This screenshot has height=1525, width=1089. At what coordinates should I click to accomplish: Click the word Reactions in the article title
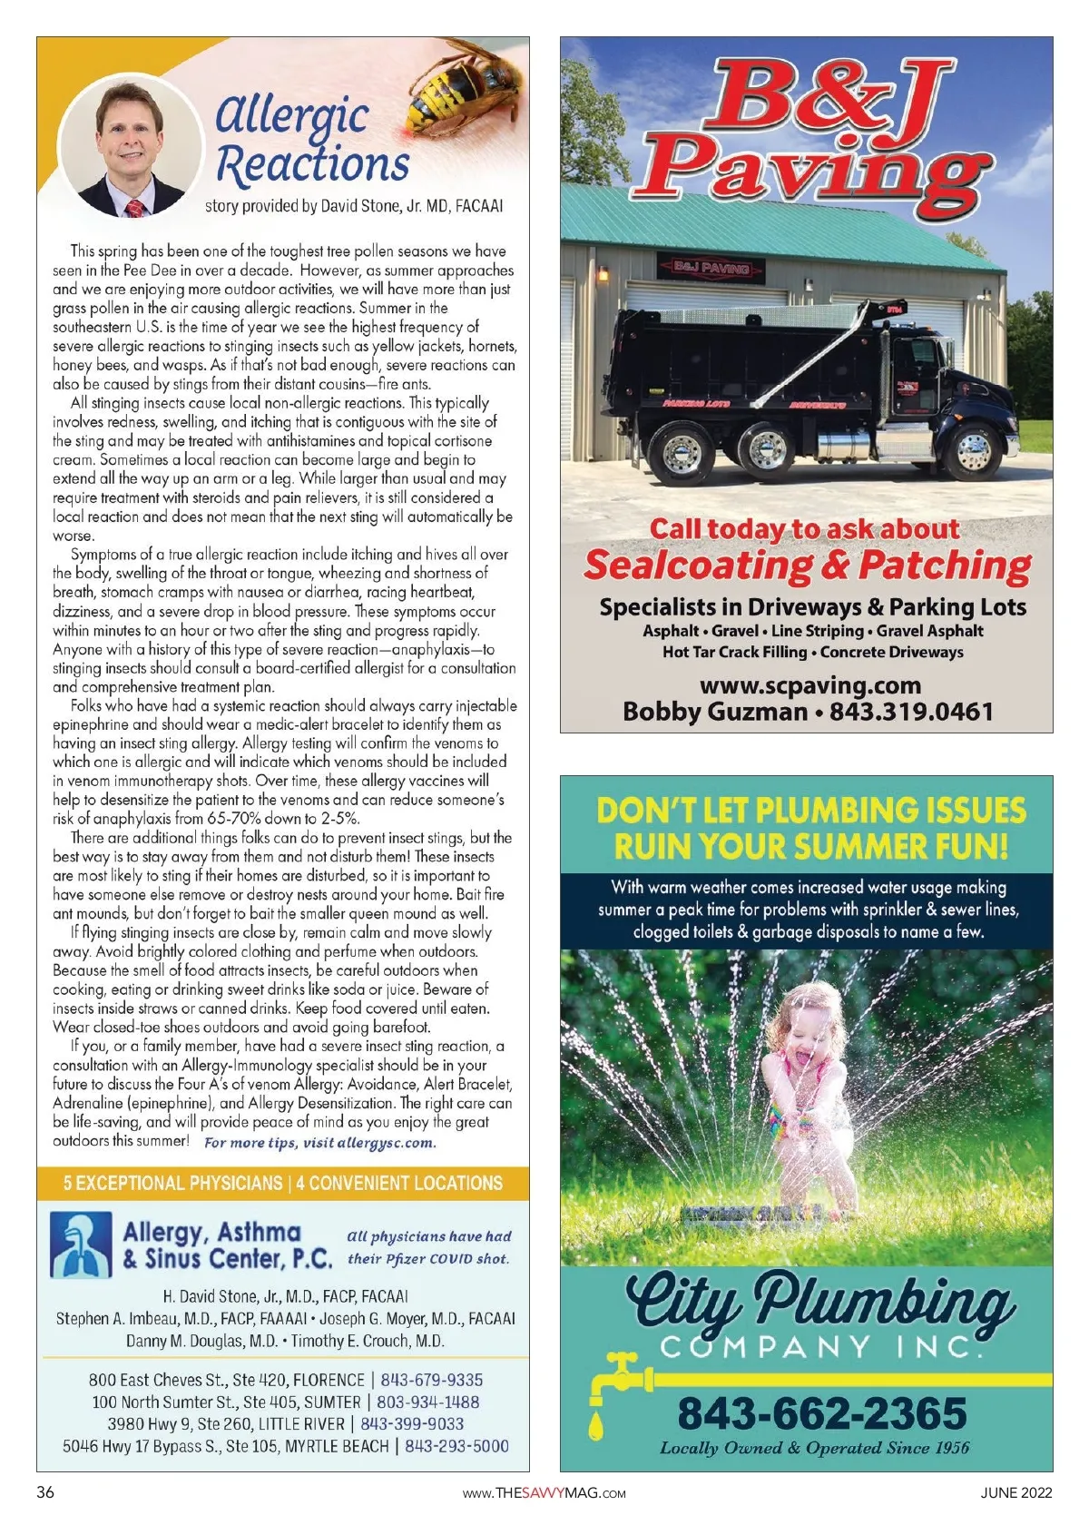[313, 164]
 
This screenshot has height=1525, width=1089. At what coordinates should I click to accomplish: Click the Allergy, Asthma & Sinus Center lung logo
[82, 1245]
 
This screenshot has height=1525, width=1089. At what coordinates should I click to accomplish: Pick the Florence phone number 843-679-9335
[432, 1380]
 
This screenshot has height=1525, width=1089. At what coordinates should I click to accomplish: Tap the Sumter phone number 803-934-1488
[428, 1402]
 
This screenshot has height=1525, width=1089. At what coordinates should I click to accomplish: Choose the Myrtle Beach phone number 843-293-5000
[456, 1446]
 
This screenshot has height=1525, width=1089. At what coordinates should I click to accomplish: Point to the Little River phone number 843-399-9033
[412, 1424]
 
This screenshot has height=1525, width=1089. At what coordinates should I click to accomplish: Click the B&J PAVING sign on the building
[711, 268]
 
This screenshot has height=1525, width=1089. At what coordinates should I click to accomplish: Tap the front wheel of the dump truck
[974, 452]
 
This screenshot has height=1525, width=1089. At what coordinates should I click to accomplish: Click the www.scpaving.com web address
[810, 685]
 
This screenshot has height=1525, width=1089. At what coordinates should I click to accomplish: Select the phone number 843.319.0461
[911, 712]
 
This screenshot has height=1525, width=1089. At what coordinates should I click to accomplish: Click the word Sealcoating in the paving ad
[698, 566]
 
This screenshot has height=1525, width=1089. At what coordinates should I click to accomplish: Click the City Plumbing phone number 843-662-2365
[822, 1412]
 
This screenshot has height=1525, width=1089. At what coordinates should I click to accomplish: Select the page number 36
[45, 1492]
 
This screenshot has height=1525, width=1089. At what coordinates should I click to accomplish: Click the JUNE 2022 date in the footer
[1016, 1492]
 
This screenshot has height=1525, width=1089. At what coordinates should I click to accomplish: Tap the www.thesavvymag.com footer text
[544, 1493]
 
